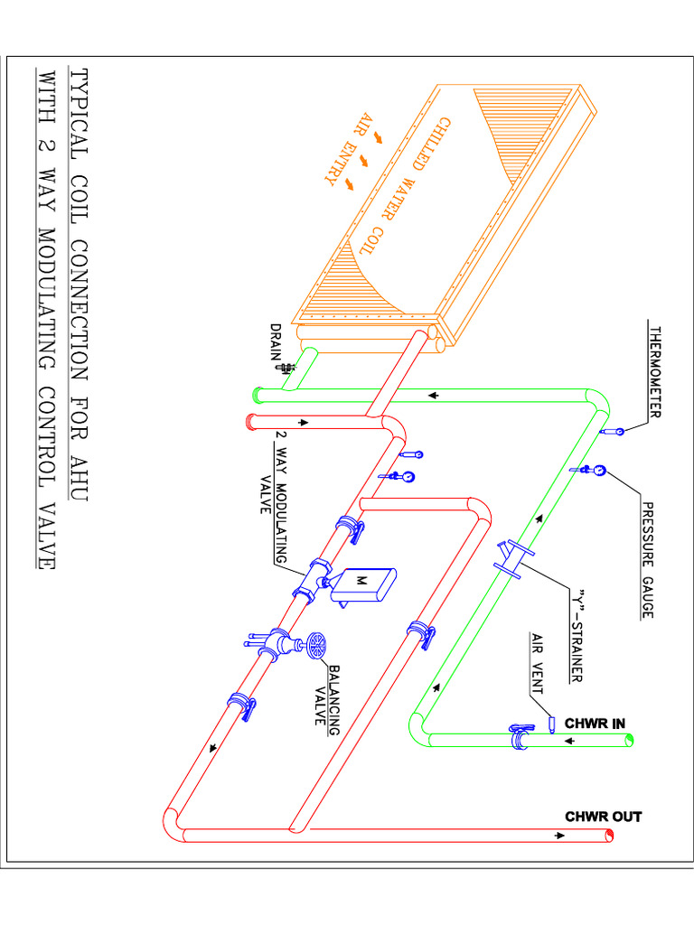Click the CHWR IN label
594,724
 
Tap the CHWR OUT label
603,817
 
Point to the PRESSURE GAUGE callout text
647,560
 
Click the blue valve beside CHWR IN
520,737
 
